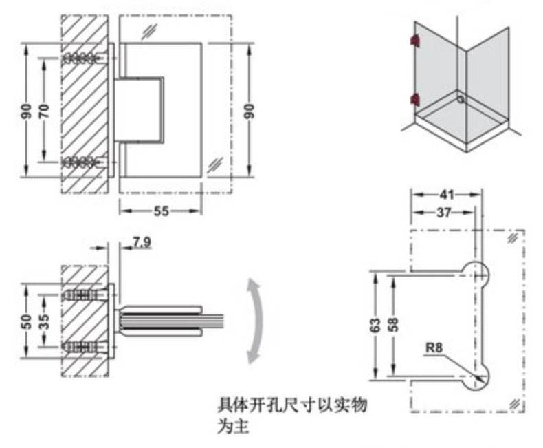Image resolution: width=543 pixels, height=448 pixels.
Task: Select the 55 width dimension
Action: pyautogui.click(x=160, y=211)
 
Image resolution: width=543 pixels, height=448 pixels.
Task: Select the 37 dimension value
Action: pyautogui.click(x=444, y=213)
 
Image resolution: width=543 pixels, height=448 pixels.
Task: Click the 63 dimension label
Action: pyautogui.click(x=375, y=325)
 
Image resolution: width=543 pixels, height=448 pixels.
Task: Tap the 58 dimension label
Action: pyautogui.click(x=393, y=325)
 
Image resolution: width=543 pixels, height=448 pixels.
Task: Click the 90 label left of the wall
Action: pyautogui.click(x=26, y=110)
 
